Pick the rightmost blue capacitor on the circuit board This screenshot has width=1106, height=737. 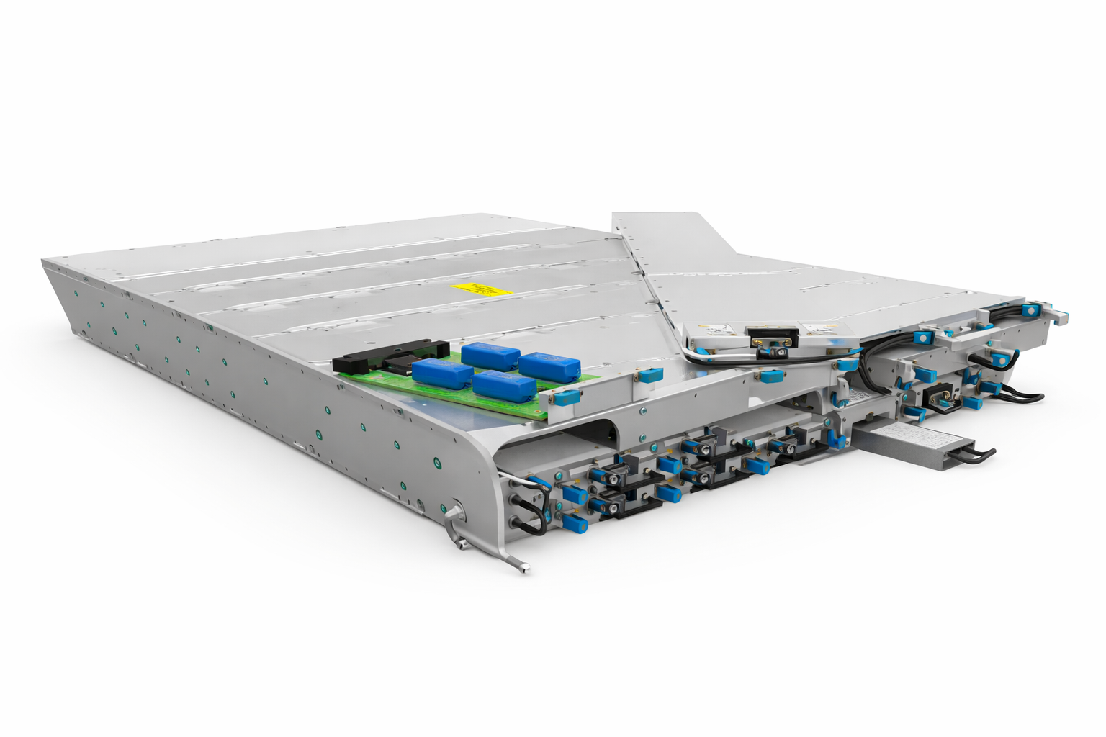[x=549, y=366]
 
